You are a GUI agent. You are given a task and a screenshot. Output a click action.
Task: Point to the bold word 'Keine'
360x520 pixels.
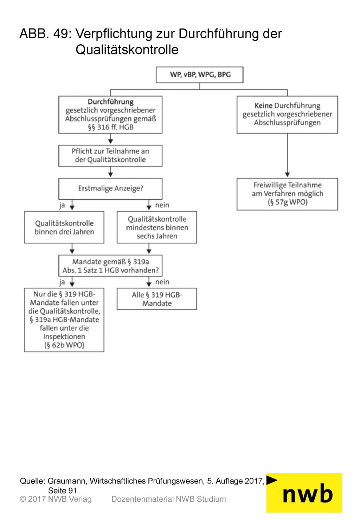point(263,105)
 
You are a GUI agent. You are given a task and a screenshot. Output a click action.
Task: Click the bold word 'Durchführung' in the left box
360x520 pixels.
point(111,102)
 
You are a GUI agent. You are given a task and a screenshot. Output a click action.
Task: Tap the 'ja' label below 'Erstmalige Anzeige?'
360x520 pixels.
point(62,205)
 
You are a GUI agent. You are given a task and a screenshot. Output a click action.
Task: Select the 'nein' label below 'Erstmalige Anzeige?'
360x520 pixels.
point(162,205)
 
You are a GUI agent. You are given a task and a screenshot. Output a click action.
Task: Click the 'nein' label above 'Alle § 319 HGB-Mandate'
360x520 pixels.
point(162,282)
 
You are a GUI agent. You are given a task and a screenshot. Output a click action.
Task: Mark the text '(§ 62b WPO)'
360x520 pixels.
point(64,345)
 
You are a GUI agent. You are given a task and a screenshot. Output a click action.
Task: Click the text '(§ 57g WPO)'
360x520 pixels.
point(288,202)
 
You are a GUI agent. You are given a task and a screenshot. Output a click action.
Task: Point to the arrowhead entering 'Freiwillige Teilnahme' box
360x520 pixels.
point(287,175)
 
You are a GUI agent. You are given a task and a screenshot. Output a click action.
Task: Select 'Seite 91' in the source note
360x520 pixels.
point(62,490)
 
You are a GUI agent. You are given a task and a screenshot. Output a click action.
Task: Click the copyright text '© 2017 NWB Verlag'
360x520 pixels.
point(56,499)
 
